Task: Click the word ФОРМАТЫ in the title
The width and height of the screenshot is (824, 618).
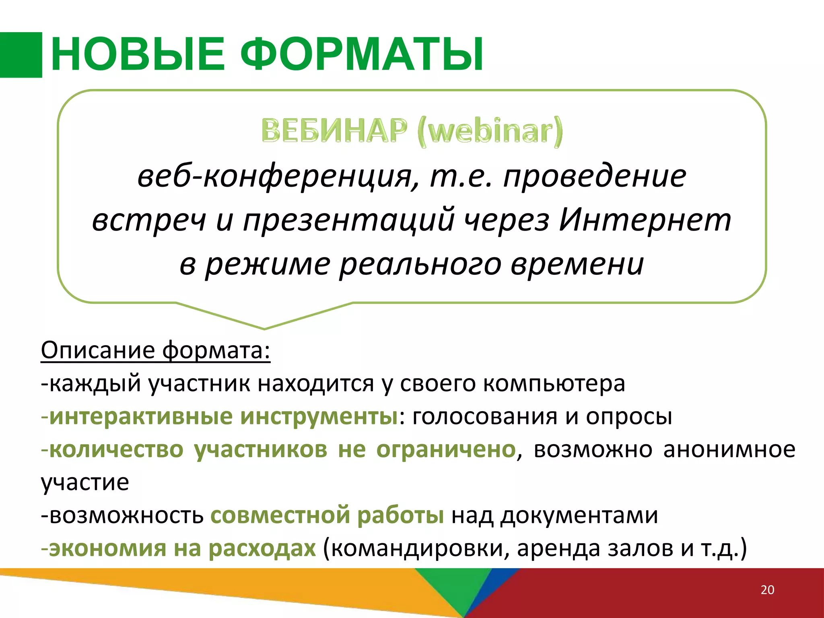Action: [x=362, y=54]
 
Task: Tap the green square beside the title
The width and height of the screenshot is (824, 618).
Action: [x=21, y=55]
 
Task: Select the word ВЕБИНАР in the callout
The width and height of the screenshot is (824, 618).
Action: [x=334, y=131]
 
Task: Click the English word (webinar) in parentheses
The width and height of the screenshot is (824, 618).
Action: [x=490, y=131]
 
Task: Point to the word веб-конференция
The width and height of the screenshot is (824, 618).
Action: [x=278, y=177]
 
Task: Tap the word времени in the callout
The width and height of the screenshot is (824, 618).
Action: [x=577, y=265]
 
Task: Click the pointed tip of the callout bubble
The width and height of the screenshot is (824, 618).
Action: [x=264, y=328]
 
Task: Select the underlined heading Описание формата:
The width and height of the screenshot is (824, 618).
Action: [x=155, y=350]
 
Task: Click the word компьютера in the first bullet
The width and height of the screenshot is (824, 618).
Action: [x=554, y=383]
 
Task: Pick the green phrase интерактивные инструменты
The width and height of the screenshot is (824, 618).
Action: [x=223, y=416]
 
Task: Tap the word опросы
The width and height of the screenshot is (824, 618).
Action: [x=629, y=416]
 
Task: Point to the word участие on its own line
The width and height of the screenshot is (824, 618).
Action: [x=85, y=482]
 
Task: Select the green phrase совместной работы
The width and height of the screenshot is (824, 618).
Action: [x=327, y=515]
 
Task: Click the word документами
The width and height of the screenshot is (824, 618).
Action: [x=579, y=515]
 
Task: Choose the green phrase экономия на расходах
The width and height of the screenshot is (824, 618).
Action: [x=182, y=548]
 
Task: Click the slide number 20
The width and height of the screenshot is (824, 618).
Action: [x=767, y=590]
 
